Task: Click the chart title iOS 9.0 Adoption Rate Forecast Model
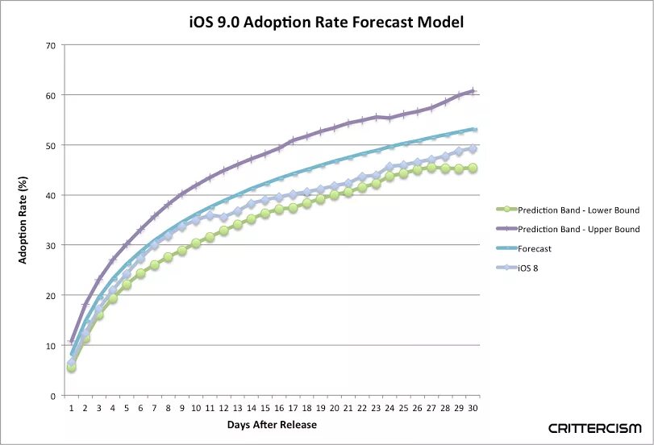pyautogui.click(x=326, y=22)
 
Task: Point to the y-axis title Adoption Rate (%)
pyautogui.click(x=23, y=221)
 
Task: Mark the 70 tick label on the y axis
pyautogui.click(x=50, y=45)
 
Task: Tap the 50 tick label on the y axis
pyautogui.click(x=50, y=145)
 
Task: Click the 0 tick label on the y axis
pyautogui.click(x=52, y=396)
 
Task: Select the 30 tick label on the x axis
pyautogui.click(x=473, y=409)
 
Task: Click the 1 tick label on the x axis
pyautogui.click(x=72, y=409)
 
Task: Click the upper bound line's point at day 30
pyautogui.click(x=473, y=91)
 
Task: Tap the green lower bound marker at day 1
pyautogui.click(x=72, y=367)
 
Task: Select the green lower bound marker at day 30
pyautogui.click(x=473, y=168)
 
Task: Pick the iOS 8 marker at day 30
pyautogui.click(x=473, y=149)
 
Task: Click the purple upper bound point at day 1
pyautogui.click(x=72, y=342)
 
